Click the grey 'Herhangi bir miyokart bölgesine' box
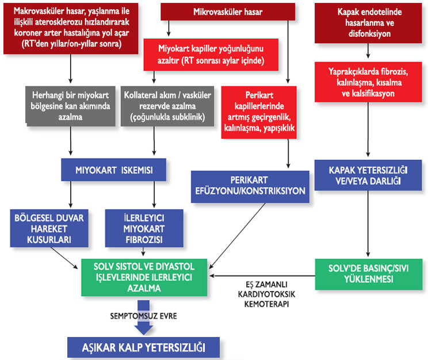click(71, 105)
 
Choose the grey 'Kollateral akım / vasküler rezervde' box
click(155, 105)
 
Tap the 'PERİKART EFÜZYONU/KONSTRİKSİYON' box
click(251, 186)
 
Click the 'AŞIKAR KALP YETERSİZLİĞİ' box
click(144, 347)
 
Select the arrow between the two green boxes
click(262, 275)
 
